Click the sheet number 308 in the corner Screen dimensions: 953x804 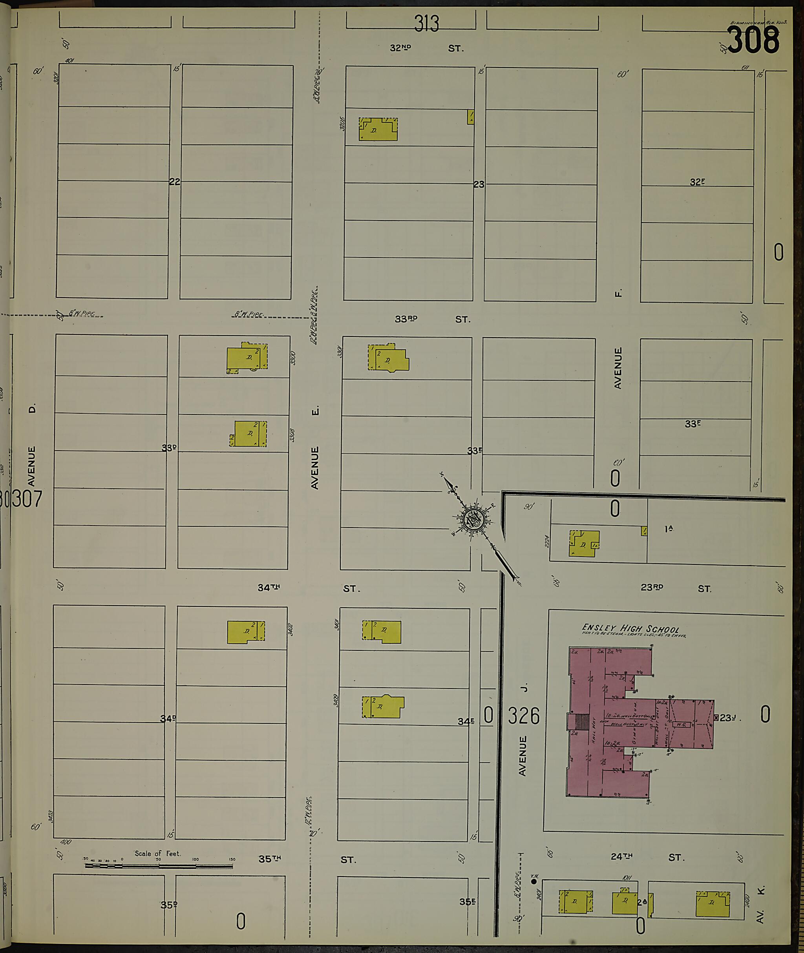click(x=753, y=40)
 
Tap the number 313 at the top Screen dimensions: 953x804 click(x=427, y=24)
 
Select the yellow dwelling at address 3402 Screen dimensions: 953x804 click(x=246, y=632)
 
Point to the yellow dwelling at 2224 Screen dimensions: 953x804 click(x=584, y=544)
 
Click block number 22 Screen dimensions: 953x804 click(x=175, y=182)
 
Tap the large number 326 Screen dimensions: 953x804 click(x=524, y=716)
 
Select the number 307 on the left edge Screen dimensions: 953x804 click(x=26, y=498)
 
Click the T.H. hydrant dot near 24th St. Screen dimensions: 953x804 click(x=534, y=882)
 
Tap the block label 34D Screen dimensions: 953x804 click(x=168, y=719)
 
